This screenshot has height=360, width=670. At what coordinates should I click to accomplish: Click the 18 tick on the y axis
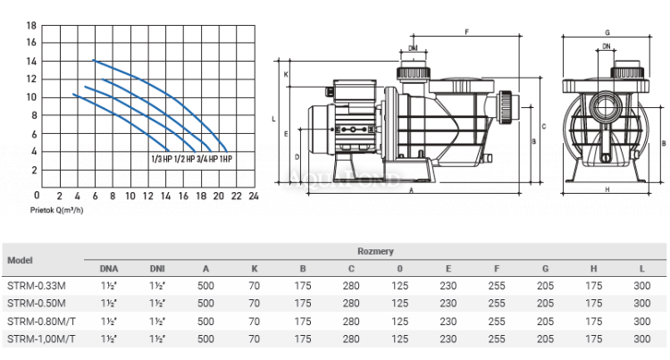coord(31,26)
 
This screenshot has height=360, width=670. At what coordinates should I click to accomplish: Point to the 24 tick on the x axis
coord(254,196)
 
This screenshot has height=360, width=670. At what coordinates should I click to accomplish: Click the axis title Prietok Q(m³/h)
coord(56,210)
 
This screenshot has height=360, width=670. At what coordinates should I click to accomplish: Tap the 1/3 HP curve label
coord(162,159)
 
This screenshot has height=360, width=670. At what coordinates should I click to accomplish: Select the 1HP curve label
coord(226,159)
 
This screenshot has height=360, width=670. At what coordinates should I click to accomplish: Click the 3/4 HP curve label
coord(207,159)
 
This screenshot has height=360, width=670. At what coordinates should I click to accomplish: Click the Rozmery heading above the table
coord(375,251)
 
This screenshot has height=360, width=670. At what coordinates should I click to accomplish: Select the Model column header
coord(20,260)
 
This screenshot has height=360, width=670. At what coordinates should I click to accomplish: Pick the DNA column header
coord(109,269)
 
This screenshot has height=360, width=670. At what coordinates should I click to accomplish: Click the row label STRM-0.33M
coord(37,286)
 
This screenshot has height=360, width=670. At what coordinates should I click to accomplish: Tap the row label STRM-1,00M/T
coord(41,339)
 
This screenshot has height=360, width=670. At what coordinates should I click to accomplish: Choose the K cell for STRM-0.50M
coord(255,303)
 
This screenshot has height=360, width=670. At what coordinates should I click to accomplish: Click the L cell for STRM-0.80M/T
coord(641,321)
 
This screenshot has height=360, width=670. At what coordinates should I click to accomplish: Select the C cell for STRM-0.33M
coord(351,286)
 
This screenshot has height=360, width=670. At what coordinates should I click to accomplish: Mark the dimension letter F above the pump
coord(467,31)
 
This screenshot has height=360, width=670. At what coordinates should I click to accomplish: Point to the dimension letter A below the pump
coord(412,190)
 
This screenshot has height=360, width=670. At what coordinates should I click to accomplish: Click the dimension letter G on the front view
coord(607,32)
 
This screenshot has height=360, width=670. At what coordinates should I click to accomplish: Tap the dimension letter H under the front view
coord(607,189)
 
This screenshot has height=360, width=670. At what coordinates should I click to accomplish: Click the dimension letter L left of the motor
coord(273,119)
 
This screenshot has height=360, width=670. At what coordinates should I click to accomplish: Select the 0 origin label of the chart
coord(37,195)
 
